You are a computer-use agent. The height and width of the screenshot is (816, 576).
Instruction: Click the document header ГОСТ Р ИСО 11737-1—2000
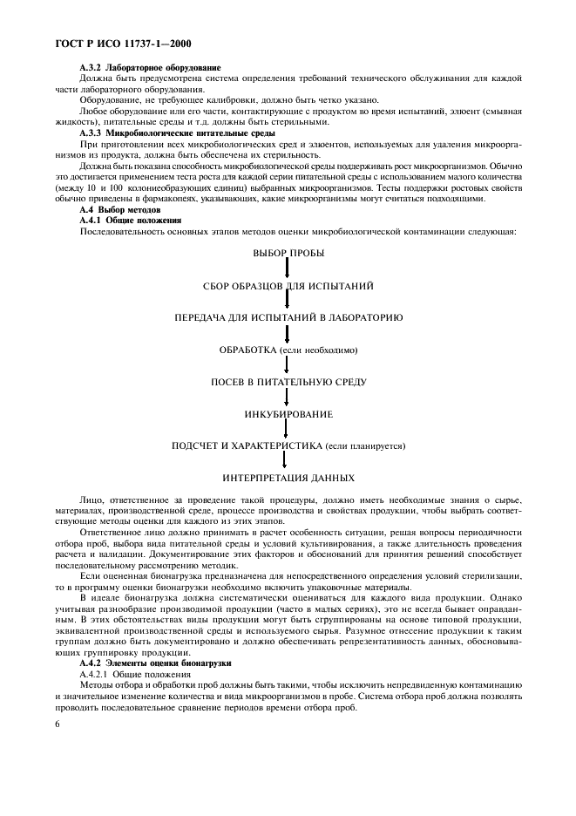(x=119, y=42)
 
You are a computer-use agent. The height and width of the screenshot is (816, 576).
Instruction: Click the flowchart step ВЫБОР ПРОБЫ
(x=288, y=253)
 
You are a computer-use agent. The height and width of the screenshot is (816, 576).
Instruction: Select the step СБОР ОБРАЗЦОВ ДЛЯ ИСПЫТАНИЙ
(x=288, y=285)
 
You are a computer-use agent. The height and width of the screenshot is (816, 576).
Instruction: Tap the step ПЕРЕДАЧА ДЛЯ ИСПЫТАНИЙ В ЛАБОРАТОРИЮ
(x=288, y=317)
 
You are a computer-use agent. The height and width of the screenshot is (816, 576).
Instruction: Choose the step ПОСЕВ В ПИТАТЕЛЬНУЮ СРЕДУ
(x=288, y=382)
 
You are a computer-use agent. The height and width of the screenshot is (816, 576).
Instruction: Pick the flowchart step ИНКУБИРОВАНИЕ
(x=288, y=414)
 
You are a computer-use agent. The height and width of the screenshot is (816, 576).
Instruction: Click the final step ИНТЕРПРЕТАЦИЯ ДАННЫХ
(x=288, y=478)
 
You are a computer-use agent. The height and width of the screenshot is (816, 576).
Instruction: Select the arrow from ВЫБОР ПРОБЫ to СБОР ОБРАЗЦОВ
(x=288, y=269)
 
